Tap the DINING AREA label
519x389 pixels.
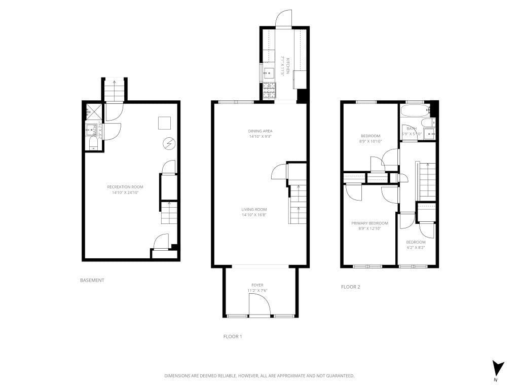pos(260,131)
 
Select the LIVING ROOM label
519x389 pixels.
pos(254,209)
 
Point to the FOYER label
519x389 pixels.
pos(257,285)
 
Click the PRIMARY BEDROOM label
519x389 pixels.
pos(369,223)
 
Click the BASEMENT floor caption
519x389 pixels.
pos(92,280)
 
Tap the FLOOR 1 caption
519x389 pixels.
pos(232,336)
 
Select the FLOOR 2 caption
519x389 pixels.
pos(350,287)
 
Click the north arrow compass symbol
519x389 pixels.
pos(498,368)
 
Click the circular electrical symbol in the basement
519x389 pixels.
pos(168,144)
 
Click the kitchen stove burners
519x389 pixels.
pos(269,91)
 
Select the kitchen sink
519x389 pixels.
pos(268,72)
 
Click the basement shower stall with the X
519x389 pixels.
pos(94,111)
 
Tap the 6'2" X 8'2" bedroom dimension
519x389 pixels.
pos(416,248)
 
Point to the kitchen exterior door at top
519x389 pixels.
pos(283,18)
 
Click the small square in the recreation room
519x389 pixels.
pos(164,123)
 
